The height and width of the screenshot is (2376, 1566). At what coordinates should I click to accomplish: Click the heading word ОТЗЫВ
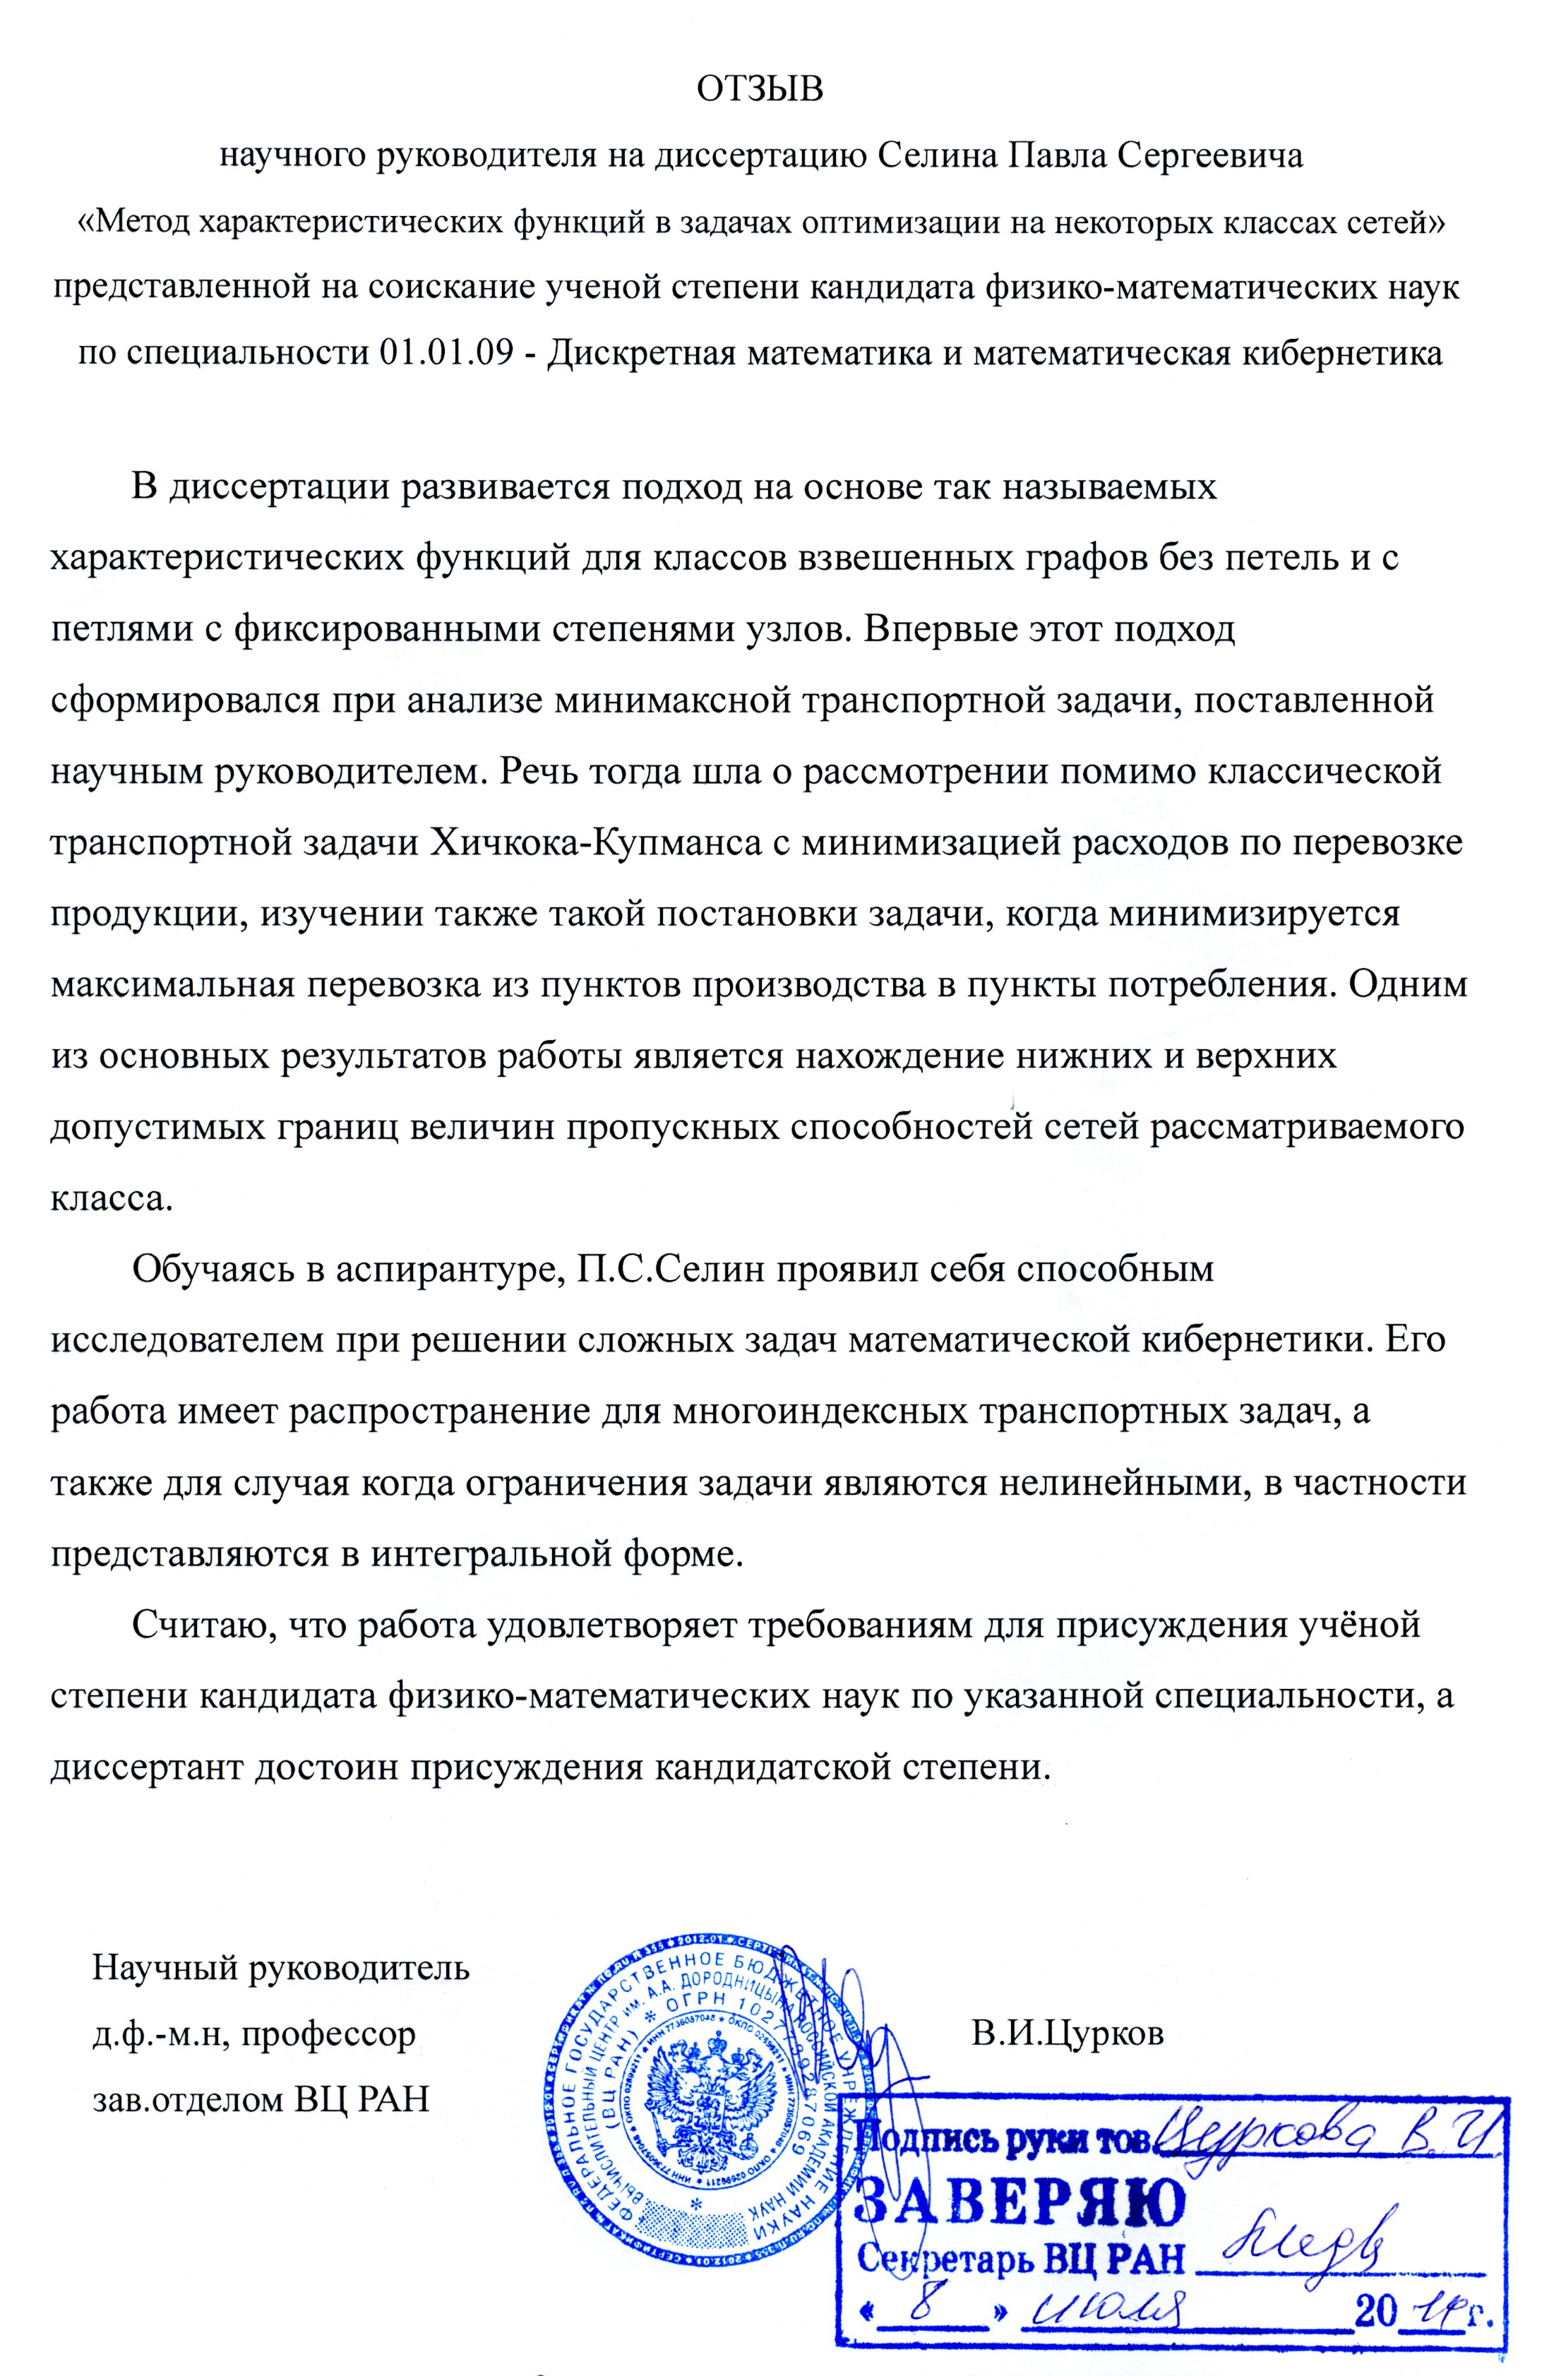(x=760, y=89)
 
